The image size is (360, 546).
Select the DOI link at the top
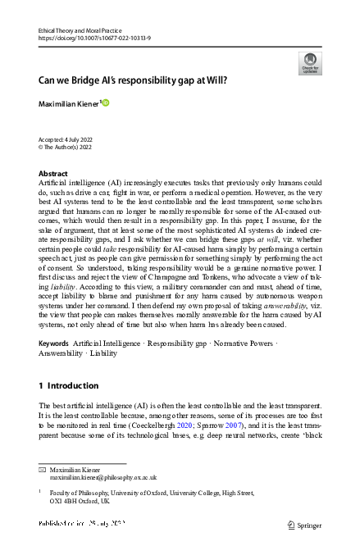pyautogui.click(x=86, y=37)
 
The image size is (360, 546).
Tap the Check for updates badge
pyautogui.click(x=310, y=63)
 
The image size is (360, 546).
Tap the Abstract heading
pyautogui.click(x=53, y=174)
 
